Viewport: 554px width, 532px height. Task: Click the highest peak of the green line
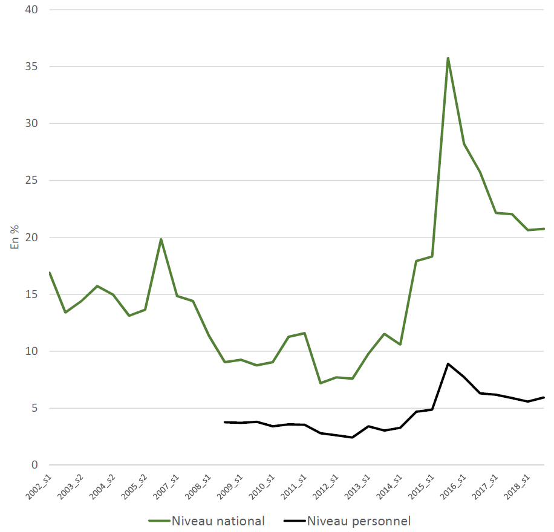point(448,58)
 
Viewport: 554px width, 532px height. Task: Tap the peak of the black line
point(448,364)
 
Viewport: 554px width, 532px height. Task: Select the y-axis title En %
point(15,237)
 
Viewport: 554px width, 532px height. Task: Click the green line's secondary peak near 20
point(161,239)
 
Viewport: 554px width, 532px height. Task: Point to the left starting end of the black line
point(225,422)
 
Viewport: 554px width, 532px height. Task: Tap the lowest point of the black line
point(352,438)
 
